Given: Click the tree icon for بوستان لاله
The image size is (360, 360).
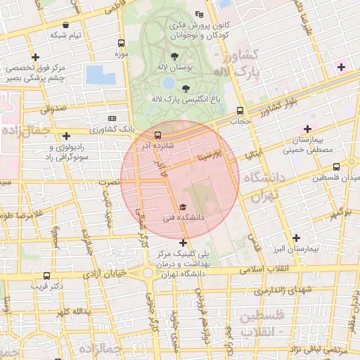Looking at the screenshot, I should pos(174,55).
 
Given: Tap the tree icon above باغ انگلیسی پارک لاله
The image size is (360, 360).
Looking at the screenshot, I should pos(186,89).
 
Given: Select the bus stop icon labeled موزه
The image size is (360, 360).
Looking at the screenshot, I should pos(122,43).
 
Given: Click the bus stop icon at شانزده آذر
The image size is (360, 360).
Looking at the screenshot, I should pos(157,134).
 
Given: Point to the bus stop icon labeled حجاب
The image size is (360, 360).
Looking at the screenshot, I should pos(241,110).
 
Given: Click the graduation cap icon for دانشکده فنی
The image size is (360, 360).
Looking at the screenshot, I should pos(184,207).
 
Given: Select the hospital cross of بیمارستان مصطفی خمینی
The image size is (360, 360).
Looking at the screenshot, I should pos(307,129).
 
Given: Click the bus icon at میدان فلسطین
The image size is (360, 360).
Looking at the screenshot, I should pos(337,167).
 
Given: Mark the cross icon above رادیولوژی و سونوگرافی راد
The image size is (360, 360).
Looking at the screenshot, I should pos(66,136).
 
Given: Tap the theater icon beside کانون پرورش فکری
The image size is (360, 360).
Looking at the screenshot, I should pos(199,14).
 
